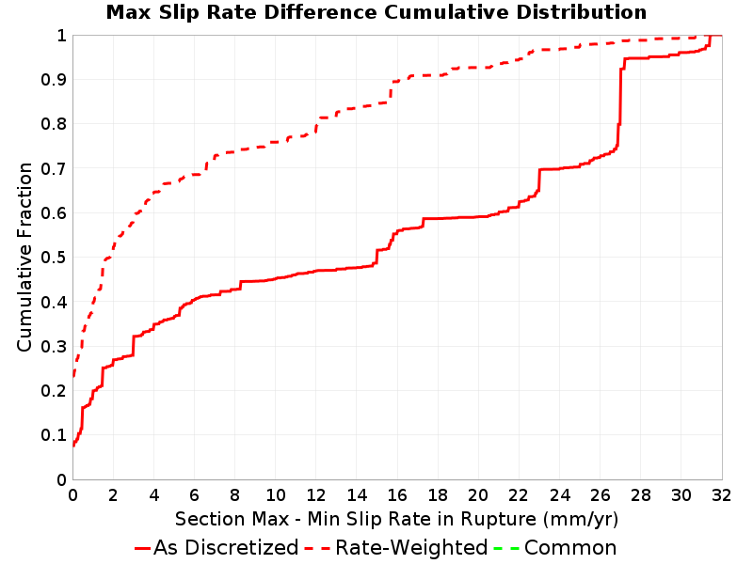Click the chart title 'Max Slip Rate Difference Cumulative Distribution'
(376, 12)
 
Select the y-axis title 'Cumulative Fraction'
(24, 257)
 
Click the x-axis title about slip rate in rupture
(396, 519)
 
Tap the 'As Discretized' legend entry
(216, 548)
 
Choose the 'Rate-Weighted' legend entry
(396, 548)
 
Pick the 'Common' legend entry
(555, 548)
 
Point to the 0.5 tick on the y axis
(54, 257)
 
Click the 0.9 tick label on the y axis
(54, 79)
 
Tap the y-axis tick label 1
(61, 35)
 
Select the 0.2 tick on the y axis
(54, 390)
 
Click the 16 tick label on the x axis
(397, 494)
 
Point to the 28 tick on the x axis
(641, 494)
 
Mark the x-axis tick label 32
(721, 494)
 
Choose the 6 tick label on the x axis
(194, 494)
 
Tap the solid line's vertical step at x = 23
(539, 180)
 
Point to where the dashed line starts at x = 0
(73, 377)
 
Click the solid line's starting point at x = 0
(73, 446)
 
